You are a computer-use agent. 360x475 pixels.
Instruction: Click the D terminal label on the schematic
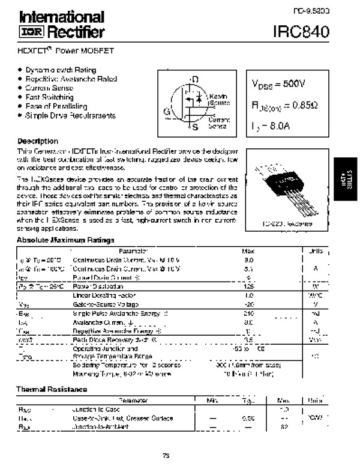click(194, 79)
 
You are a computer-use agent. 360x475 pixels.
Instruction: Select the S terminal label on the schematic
click(194, 127)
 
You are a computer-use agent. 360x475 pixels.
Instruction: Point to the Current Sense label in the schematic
click(218, 123)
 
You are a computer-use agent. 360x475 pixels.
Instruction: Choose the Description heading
click(37, 141)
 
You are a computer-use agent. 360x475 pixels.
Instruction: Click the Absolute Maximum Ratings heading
click(65, 240)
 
